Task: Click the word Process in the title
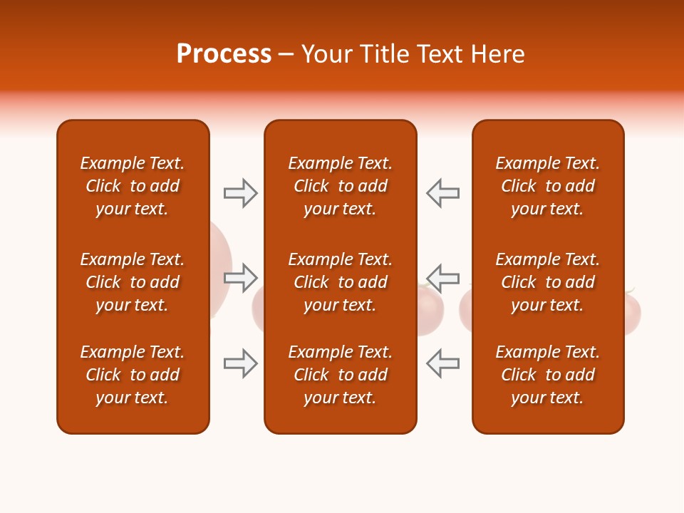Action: pos(224,54)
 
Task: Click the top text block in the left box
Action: pos(133,186)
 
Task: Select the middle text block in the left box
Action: pos(133,282)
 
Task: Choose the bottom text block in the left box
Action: pos(133,375)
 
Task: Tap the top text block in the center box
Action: pos(340,186)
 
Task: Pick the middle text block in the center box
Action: pos(340,282)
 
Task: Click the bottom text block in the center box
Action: pos(340,375)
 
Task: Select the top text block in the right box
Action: pos(547,186)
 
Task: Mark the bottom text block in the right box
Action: pos(547,375)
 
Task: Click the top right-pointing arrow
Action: pos(240,193)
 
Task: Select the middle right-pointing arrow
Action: pos(240,278)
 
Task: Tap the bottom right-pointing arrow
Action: pos(240,363)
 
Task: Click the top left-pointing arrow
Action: pos(443,193)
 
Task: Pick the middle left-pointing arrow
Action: pos(443,278)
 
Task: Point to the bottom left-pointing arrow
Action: pos(443,363)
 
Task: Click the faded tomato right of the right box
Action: pos(633,313)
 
